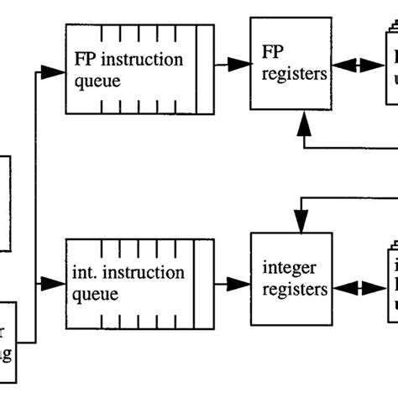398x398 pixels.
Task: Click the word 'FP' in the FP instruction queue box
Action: coord(83,60)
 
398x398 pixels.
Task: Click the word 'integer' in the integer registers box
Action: coord(290,268)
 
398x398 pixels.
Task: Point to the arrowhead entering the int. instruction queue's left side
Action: coord(55,285)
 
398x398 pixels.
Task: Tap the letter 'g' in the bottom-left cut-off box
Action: coord(7,356)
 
